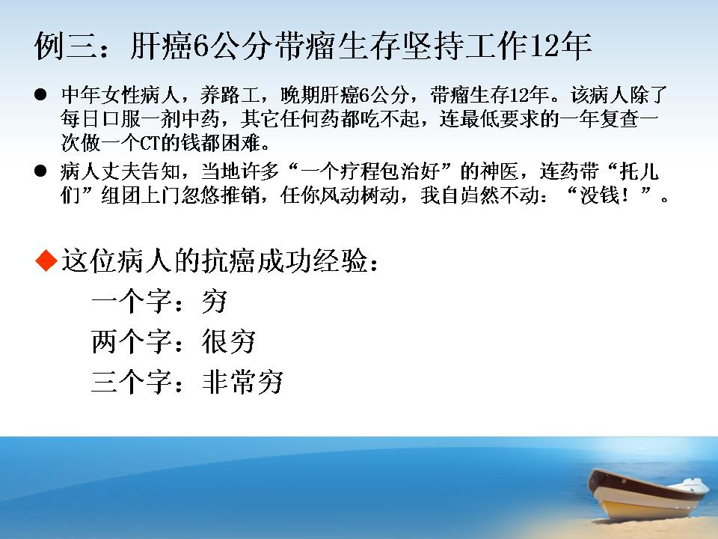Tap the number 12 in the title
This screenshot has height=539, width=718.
[x=544, y=46]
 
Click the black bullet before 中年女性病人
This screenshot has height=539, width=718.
[x=40, y=95]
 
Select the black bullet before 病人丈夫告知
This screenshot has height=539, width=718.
[x=40, y=171]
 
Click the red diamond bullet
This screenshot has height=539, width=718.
[x=46, y=261]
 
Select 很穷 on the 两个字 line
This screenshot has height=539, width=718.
[x=229, y=342]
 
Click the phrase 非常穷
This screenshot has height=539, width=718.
[x=242, y=382]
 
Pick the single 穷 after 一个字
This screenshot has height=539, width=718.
[x=215, y=302]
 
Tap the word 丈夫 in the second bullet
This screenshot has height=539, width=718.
[x=121, y=171]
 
